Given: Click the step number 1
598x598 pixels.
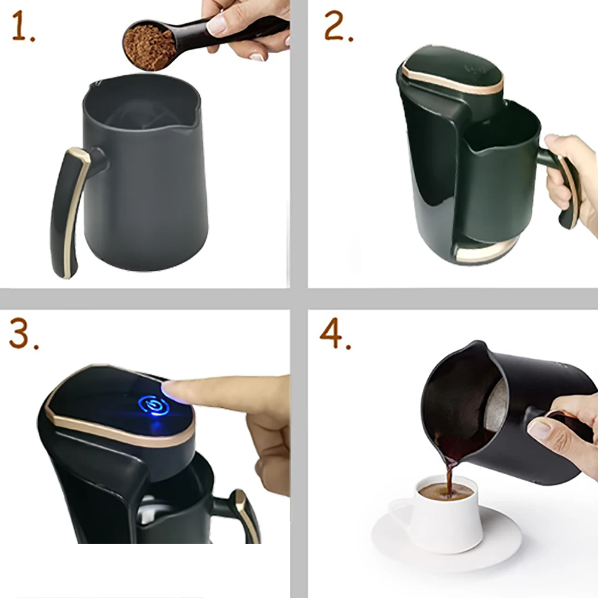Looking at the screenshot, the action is click(23, 26).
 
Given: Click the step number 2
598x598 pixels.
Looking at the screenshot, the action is click(338, 26).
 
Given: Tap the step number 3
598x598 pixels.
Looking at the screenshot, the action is click(24, 334).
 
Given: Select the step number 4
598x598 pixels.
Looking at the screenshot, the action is click(335, 334).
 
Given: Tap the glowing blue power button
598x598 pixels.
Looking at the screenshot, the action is click(154, 405).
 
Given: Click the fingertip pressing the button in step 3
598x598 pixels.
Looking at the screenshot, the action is click(170, 389).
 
